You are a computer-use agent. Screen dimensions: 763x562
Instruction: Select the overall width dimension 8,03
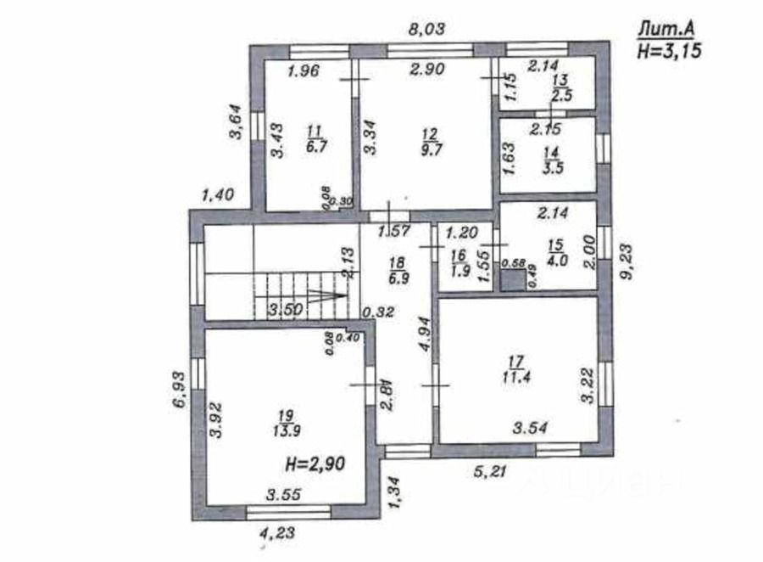[426, 29]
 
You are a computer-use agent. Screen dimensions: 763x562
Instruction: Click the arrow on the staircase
[327, 295]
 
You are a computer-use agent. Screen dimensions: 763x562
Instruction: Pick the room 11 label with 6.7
[315, 138]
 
